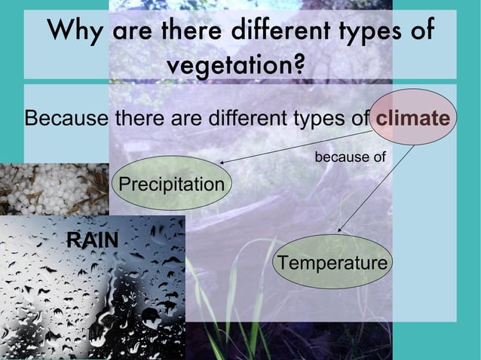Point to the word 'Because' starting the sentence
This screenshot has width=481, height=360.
tap(66, 119)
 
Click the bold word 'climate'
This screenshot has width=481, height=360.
tap(413, 118)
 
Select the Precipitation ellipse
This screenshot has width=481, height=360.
tap(172, 183)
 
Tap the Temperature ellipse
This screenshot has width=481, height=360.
tap(332, 262)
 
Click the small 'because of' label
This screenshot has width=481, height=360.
tap(350, 157)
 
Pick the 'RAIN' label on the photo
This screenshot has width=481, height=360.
tap(93, 240)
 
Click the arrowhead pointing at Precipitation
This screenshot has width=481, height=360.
tap(225, 161)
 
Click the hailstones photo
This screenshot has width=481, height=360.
tap(53, 188)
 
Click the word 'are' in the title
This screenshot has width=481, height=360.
tap(129, 32)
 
